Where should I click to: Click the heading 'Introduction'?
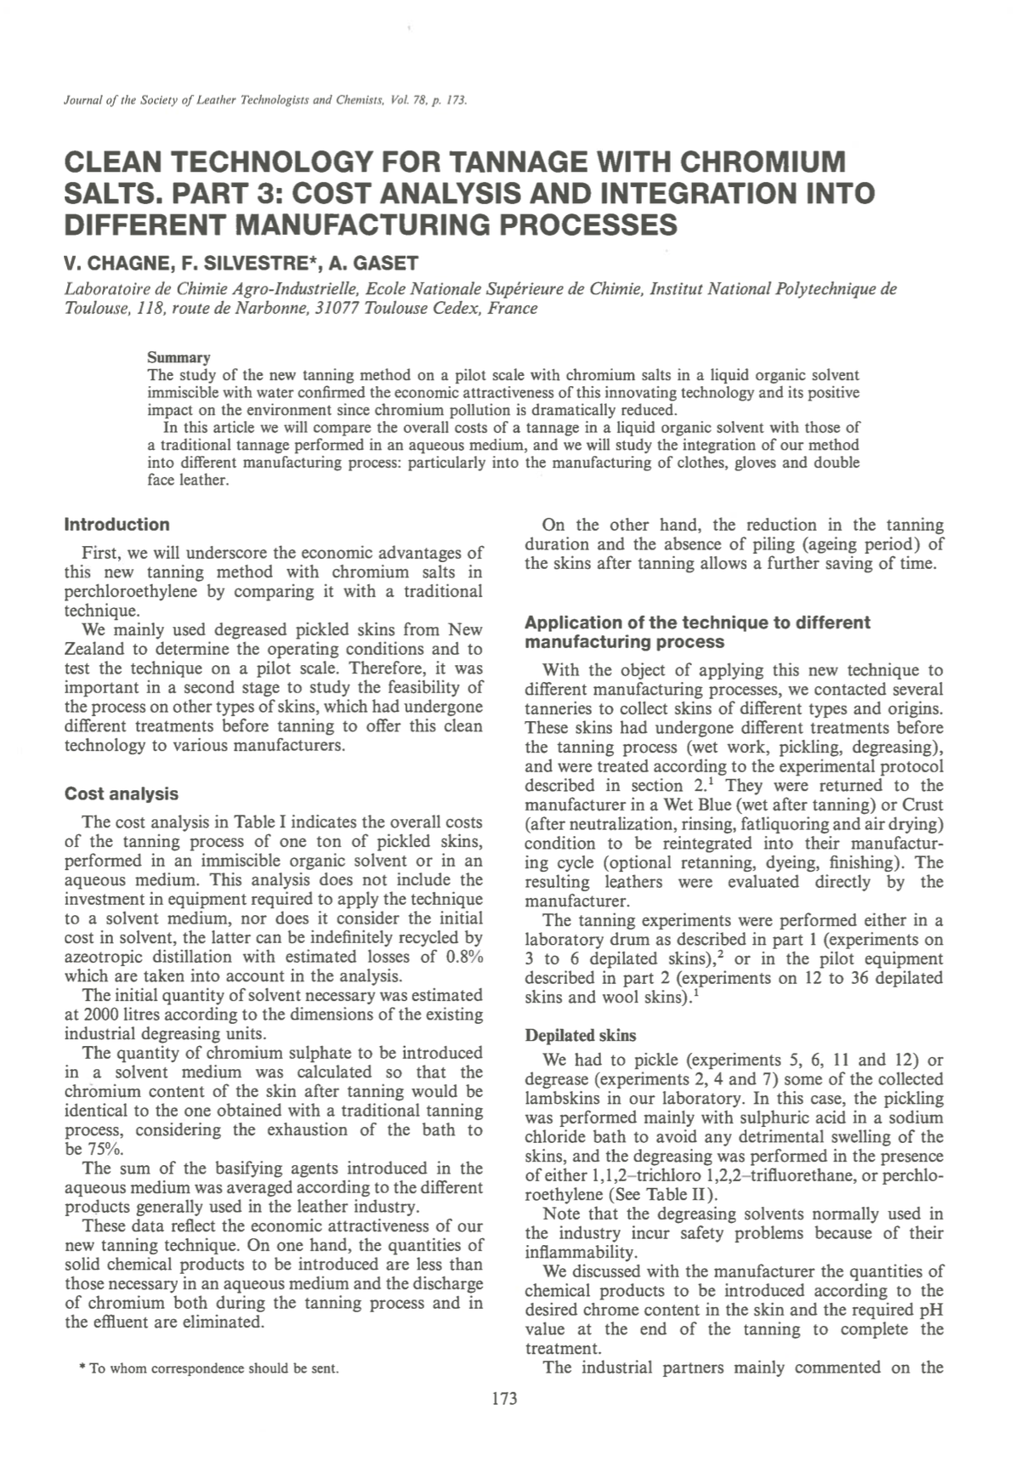pyautogui.click(x=116, y=525)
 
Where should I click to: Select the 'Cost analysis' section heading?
pyautogui.click(x=122, y=793)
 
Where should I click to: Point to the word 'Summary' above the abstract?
pyautogui.click(x=179, y=357)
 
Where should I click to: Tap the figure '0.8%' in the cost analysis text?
pyautogui.click(x=464, y=957)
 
